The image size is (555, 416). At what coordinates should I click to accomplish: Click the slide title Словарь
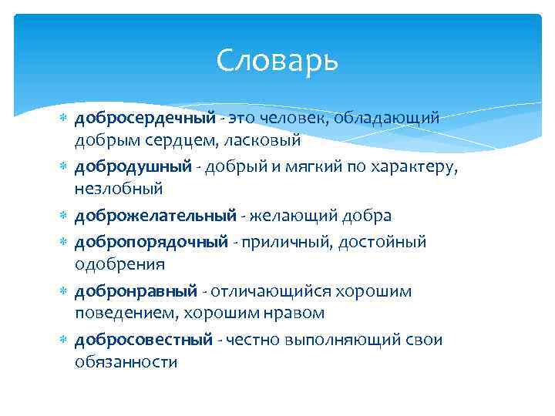tap(277, 59)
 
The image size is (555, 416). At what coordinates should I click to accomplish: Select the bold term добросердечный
tap(144, 119)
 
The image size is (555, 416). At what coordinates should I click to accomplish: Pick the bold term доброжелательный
tap(154, 216)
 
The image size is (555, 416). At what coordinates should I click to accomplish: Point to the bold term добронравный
tap(136, 290)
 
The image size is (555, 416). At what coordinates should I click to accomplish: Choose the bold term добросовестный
tap(143, 339)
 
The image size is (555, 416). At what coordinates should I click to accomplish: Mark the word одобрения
tap(119, 264)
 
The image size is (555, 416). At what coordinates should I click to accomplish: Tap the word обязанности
tap(126, 362)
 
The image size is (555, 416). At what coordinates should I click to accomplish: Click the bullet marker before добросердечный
tap(65, 120)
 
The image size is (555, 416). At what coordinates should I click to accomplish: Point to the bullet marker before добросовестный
tap(65, 340)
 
